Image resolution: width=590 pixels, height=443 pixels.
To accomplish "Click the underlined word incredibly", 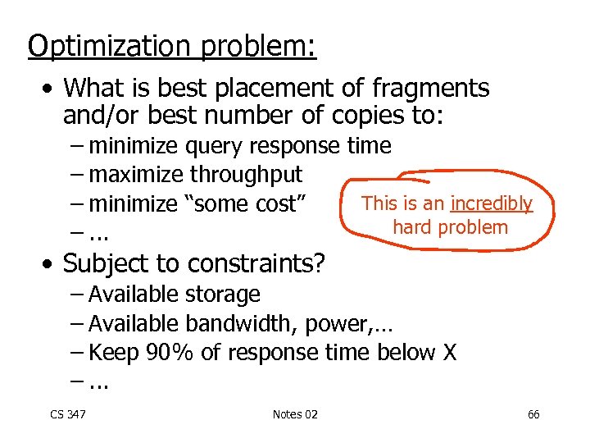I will pos(492,203).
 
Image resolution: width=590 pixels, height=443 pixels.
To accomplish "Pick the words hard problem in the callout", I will pos(451,227).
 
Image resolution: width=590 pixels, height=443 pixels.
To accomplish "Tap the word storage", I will pos(223,294).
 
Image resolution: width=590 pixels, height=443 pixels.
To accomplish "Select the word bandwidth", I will pos(242,323).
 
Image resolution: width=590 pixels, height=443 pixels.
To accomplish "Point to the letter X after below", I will pos(449,353).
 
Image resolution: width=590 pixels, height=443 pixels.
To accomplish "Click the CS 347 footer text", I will pos(68,414).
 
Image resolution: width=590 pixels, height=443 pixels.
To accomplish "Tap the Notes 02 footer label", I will pos(294,414).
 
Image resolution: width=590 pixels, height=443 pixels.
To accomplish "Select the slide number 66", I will pos(533,414).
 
